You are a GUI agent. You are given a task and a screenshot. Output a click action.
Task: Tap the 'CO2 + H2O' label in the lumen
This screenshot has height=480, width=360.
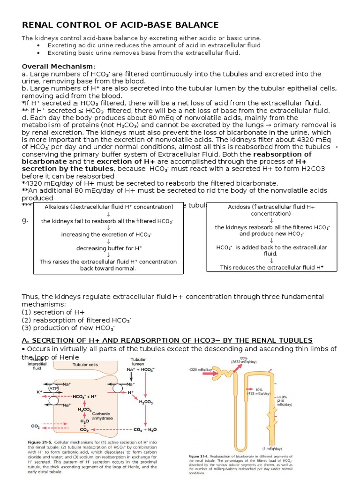pos(146,429)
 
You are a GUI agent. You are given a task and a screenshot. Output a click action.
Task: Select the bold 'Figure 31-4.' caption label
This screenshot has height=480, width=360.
pos(201,456)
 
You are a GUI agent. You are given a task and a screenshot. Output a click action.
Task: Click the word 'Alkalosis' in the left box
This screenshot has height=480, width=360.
pos(57,207)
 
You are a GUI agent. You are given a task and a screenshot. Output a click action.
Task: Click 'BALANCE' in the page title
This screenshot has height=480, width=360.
pos(190,25)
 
